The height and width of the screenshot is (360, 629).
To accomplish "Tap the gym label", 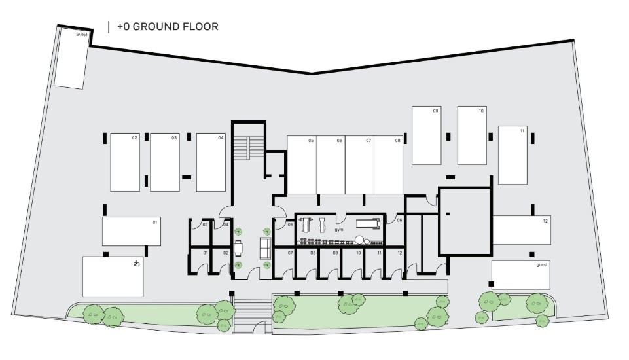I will (x=338, y=230).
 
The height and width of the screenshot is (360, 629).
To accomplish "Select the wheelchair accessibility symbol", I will (x=136, y=264).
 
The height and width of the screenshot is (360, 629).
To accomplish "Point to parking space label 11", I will (x=522, y=132).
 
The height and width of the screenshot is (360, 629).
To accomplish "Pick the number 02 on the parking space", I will (x=135, y=138).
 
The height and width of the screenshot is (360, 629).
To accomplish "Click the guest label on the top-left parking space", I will (x=82, y=33).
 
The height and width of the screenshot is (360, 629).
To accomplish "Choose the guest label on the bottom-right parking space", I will (x=541, y=265).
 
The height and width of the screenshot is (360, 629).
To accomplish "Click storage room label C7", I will (x=289, y=253).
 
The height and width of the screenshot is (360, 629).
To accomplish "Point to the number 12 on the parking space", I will (x=545, y=221).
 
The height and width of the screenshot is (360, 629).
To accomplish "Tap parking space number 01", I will (x=155, y=223).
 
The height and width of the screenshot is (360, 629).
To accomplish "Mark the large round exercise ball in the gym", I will (x=361, y=240).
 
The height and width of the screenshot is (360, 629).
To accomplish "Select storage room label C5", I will (x=289, y=225).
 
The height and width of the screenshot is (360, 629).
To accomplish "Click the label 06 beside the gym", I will (x=399, y=221).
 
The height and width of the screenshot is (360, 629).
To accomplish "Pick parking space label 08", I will (x=397, y=141).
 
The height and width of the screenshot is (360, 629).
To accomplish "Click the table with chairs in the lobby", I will (x=238, y=247).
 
